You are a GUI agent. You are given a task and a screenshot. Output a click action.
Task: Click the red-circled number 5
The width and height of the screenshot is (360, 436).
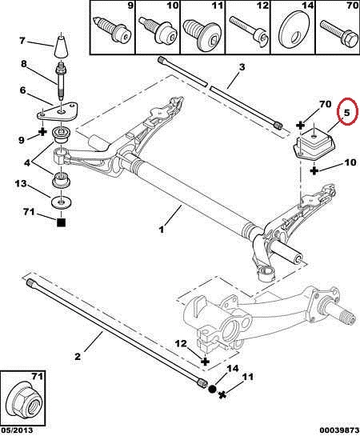coord(346,113)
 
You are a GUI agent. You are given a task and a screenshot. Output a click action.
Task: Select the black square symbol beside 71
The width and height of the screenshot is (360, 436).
coord(61,222)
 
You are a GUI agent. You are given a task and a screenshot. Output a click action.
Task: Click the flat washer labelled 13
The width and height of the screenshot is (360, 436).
coord(61,202)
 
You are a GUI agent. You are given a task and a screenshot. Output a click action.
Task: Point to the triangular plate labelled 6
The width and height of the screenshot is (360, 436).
coord(58,111)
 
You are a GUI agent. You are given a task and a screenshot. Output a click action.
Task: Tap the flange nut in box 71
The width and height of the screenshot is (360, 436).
coord(24,401)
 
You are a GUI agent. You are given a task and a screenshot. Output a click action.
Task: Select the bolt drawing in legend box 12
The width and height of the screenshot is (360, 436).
coord(247,31)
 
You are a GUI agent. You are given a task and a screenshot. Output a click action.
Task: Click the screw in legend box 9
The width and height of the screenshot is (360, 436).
coord(113,29)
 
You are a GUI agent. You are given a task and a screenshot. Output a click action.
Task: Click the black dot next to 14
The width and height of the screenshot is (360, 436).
coord(212,389)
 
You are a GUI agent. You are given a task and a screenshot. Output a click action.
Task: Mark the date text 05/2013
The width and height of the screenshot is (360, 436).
coord(17,430)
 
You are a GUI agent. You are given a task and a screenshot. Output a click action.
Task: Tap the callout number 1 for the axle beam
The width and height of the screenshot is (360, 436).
coord(161,230)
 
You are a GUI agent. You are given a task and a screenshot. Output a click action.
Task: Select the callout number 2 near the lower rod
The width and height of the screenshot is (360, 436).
coord(78,356)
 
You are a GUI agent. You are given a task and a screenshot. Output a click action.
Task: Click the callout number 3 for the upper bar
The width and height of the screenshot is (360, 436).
coord(242,67)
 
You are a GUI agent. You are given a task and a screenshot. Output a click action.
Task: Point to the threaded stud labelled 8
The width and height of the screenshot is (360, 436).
coord(61,82)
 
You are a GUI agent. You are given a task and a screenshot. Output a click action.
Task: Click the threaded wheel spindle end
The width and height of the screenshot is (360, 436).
coord(348,317)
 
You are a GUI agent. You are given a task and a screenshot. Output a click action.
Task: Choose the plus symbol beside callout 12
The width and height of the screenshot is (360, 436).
coord(205,362)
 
